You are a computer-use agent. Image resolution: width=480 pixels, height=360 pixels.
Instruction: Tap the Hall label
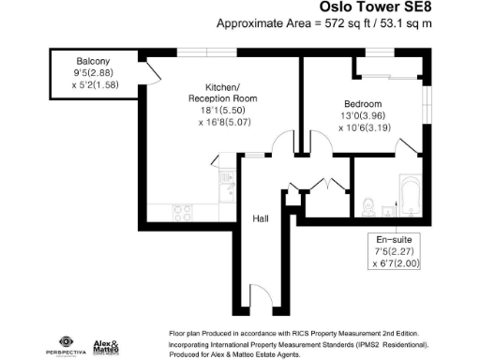pos(261,218)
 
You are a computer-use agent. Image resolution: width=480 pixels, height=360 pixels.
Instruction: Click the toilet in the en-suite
pos(371,201)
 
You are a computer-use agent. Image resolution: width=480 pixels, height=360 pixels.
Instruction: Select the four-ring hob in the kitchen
pos(183,211)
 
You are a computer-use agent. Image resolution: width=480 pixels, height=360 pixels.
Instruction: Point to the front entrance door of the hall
pos(260,298)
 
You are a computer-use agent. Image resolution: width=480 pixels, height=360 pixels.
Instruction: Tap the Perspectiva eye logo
pos(66,341)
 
